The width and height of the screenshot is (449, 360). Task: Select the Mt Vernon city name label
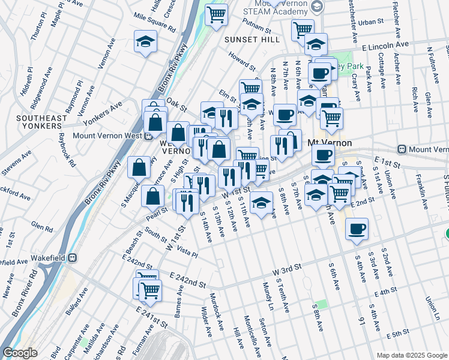point(328,143)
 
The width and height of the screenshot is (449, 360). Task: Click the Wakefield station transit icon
point(73,258)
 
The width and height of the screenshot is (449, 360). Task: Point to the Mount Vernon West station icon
point(148,136)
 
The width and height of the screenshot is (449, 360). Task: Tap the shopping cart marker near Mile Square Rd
point(216,14)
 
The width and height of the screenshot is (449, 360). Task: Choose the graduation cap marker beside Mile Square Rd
point(144,41)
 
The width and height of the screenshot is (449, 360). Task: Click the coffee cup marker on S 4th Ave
point(357,229)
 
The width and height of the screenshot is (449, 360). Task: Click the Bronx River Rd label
point(25,307)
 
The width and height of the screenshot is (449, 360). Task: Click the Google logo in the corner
point(20,353)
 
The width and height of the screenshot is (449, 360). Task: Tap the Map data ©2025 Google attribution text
point(411,355)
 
